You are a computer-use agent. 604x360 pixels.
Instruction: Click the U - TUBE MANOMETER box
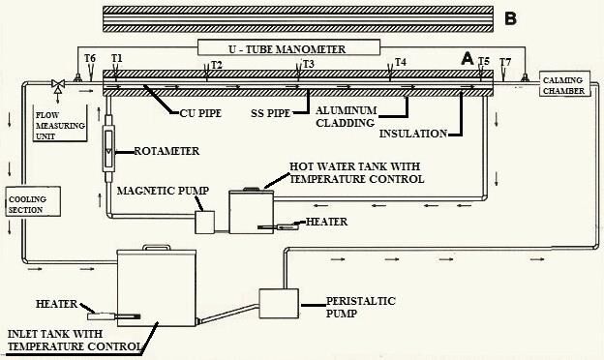coord(288,47)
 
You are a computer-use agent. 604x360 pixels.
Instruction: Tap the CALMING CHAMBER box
coord(564,83)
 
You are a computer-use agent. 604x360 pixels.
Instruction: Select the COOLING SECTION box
coord(33,201)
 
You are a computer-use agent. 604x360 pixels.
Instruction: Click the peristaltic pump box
coord(279,304)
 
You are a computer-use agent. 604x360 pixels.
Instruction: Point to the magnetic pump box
coord(204,223)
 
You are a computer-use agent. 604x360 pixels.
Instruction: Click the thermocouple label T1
coord(117,58)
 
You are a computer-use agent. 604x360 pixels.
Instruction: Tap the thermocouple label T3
coord(309,64)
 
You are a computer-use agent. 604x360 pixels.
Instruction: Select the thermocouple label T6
coord(90,58)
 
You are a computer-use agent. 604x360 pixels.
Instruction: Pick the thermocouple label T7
coord(505,62)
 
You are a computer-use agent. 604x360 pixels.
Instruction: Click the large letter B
coord(510,18)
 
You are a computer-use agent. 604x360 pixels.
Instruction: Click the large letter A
coord(468,58)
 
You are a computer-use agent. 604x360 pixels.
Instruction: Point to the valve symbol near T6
coord(58,85)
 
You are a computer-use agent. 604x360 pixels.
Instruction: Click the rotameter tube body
coord(108,147)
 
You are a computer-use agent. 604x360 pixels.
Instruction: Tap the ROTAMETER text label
coord(166,151)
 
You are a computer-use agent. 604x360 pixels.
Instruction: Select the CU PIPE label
coord(200,113)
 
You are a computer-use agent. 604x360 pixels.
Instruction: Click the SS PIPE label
coord(270,113)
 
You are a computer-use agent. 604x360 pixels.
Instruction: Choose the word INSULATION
coord(413,134)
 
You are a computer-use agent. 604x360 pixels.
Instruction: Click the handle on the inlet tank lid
coord(156,247)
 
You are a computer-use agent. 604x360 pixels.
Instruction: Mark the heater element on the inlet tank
coord(113,316)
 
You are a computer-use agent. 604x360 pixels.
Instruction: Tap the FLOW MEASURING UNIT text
coord(60,126)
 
